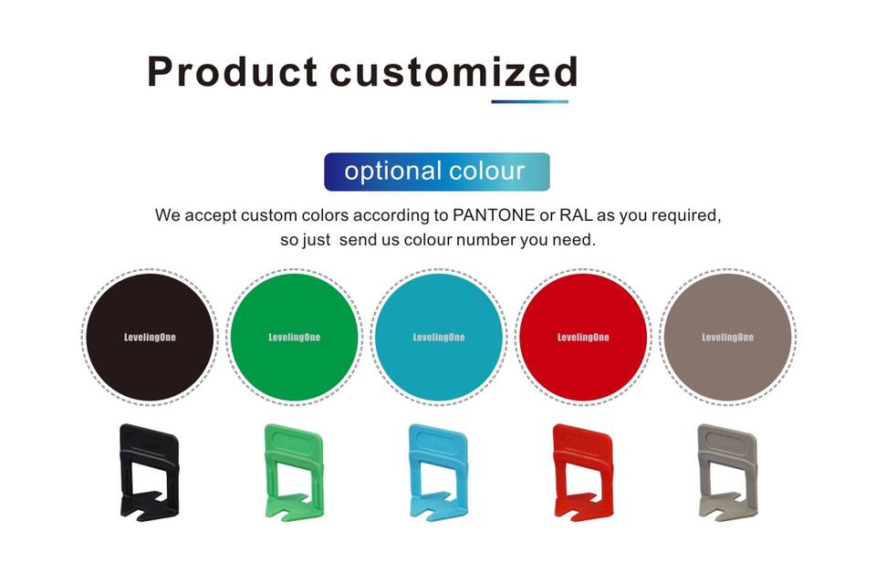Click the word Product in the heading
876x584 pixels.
click(233, 71)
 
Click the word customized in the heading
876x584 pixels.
click(454, 71)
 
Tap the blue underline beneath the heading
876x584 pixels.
click(529, 101)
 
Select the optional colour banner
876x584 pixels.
click(437, 172)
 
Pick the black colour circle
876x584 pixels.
click(150, 337)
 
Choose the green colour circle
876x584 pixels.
click(295, 337)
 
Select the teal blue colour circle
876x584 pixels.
click(439, 337)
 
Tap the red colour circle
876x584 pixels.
click(583, 337)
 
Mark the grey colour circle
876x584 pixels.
click(728, 337)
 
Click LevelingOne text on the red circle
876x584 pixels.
click(583, 337)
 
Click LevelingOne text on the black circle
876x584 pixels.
click(150, 337)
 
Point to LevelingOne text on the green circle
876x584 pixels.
click(295, 337)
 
